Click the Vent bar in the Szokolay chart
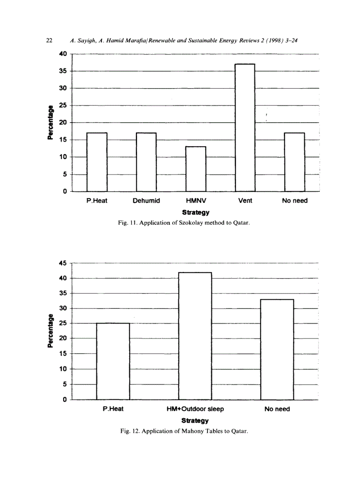tap(245, 128)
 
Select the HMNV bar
tap(195, 169)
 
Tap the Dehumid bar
tap(146, 162)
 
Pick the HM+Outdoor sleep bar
tap(195, 336)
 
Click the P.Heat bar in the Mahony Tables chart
tap(113, 361)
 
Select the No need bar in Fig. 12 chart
tap(277, 350)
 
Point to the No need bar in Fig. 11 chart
tap(294, 162)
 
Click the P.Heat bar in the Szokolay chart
tap(97, 162)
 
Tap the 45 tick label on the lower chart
tap(62, 264)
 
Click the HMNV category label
tap(195, 201)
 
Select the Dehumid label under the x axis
tap(146, 201)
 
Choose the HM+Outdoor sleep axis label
tap(195, 409)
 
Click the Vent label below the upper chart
tap(245, 201)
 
